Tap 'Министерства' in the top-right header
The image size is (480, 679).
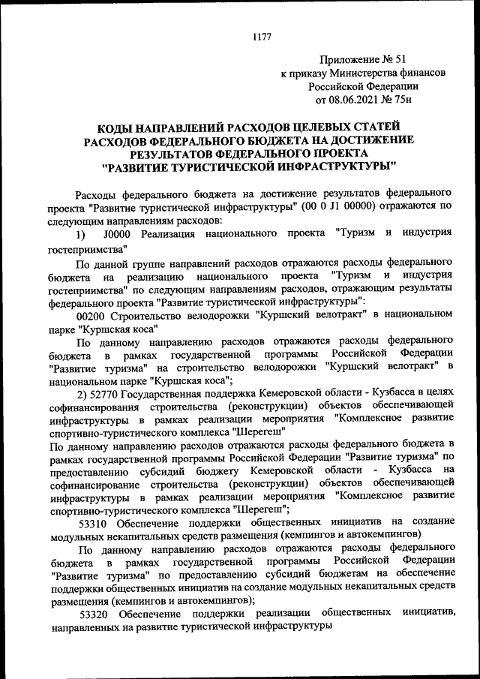[x=354, y=73]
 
